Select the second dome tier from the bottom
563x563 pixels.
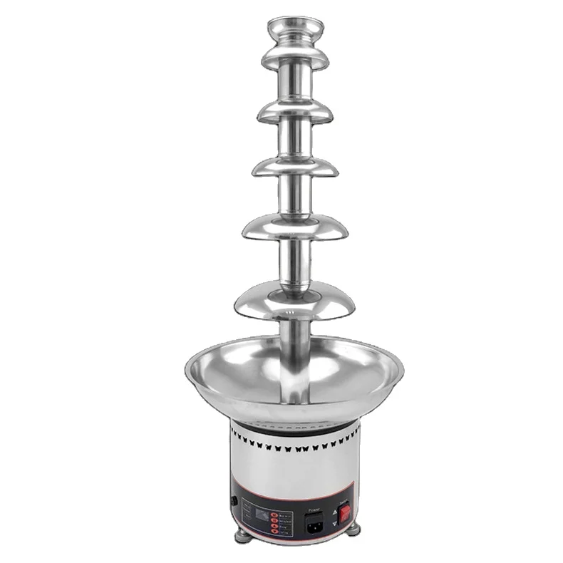tap(294, 230)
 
